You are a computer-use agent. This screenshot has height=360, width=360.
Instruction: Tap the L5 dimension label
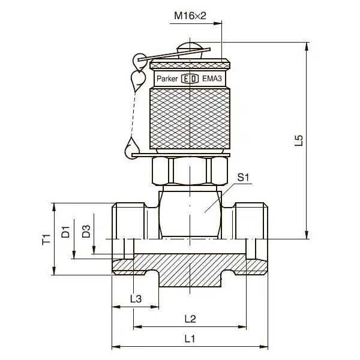tap(300, 140)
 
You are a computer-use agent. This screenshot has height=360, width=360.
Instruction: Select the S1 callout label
tap(243, 178)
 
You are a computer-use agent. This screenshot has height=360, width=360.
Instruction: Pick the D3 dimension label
tap(86, 231)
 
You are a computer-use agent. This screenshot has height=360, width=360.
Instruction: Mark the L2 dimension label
tap(190, 318)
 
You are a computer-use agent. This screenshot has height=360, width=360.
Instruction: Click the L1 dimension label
tap(190, 338)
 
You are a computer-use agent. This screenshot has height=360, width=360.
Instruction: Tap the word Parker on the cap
tap(169, 78)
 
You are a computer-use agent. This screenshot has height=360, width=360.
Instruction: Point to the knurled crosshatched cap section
tap(190, 117)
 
